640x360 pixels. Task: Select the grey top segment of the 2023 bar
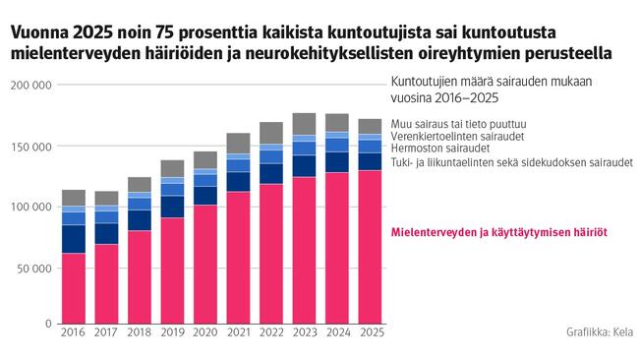[304, 123]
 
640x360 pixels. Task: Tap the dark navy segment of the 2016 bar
[73, 239]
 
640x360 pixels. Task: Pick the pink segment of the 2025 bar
[372, 246]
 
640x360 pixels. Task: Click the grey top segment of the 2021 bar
[239, 143]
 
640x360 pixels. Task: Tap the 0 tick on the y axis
[49, 324]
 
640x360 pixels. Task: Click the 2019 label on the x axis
[172, 334]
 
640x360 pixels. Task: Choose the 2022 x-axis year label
[271, 334]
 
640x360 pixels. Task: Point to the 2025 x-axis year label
[372, 334]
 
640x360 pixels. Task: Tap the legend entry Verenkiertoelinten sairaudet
[456, 135]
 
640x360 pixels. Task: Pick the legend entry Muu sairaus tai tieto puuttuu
[455, 122]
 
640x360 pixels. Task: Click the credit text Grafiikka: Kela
[598, 333]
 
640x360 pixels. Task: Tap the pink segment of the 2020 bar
[205, 264]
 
